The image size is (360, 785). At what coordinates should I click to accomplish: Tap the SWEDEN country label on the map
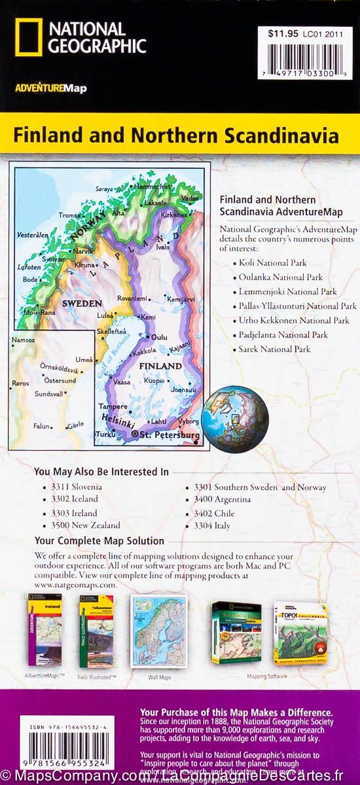[81, 304]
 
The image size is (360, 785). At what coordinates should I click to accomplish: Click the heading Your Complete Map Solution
[99, 541]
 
